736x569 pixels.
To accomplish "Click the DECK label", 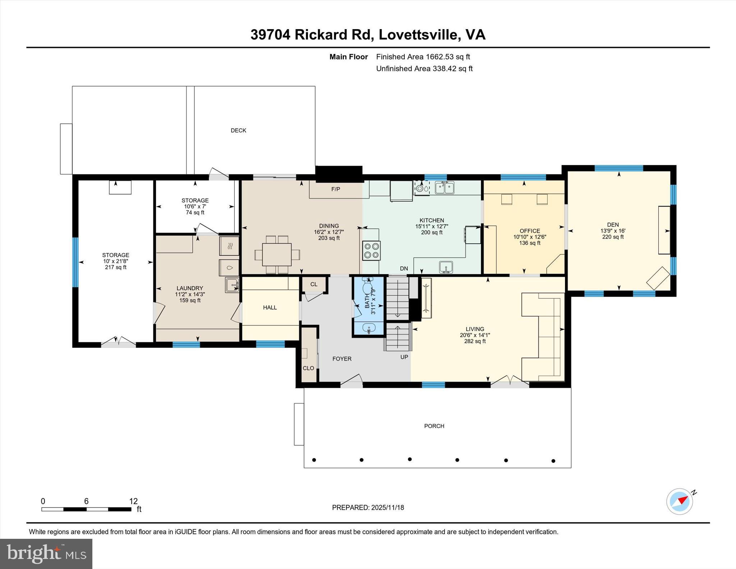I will coord(238,130).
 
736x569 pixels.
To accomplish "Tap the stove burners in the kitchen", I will coord(371,251).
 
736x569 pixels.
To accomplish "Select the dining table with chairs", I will coord(277,254).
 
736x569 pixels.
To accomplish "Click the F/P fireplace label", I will coord(336,189).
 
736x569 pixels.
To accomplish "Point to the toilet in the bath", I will coord(367,287).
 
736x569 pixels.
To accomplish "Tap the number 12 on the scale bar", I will coord(133,501).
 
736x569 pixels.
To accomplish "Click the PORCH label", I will coord(434,426).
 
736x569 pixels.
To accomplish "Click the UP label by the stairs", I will coord(404,357).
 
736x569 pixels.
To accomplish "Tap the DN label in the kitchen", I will coord(404,269).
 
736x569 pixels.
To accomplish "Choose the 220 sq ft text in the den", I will coord(613,237).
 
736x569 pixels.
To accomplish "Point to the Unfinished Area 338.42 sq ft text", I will coord(424,69).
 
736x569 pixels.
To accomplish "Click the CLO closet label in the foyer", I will coord(308,368).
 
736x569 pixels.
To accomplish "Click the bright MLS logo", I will coord(46,554).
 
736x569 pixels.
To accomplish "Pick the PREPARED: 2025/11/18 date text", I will coord(368,508).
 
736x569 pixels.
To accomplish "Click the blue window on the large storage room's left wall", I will coord(75,262).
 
